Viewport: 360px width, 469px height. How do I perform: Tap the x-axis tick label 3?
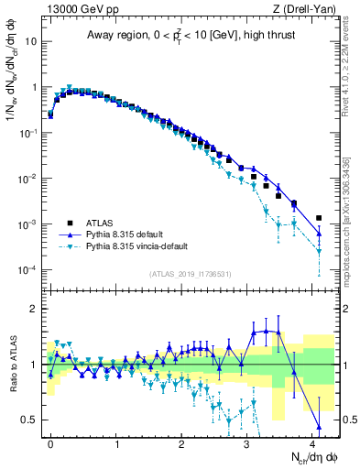pos(247,442)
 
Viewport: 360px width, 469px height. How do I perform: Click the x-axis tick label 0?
pos(50,442)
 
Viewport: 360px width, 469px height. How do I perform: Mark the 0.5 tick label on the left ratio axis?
pos(31,420)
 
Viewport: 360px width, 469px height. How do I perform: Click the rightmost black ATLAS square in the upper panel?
pos(319,218)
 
